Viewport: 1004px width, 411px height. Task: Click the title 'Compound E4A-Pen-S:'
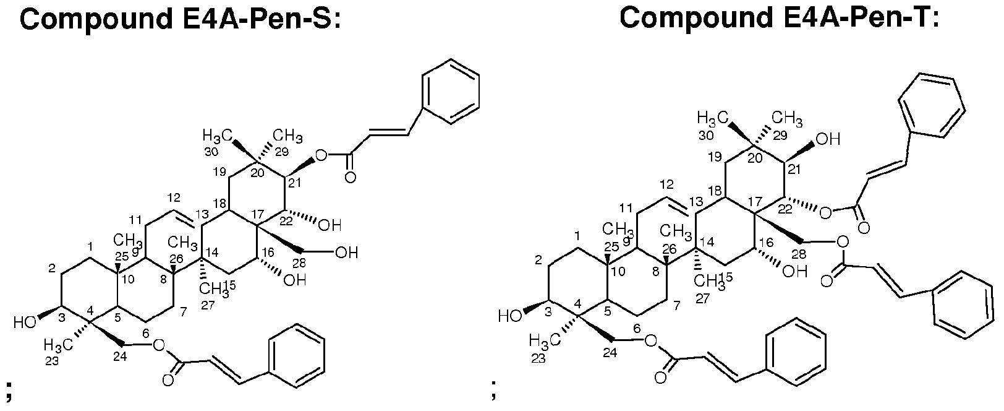point(181,19)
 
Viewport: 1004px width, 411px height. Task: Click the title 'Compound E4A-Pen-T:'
point(780,19)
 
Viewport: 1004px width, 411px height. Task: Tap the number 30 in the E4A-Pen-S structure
point(211,152)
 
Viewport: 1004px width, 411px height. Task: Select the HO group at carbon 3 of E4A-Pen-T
point(510,316)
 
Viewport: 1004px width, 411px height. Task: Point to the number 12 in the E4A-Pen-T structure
point(667,184)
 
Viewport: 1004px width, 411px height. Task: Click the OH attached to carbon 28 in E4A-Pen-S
point(346,253)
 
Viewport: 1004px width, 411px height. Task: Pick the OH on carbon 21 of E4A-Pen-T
point(828,139)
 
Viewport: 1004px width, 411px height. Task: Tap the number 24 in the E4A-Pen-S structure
point(120,357)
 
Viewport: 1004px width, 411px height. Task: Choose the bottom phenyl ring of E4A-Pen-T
point(797,350)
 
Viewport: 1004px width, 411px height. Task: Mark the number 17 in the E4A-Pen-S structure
point(258,215)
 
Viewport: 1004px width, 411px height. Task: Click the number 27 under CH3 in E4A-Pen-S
point(208,306)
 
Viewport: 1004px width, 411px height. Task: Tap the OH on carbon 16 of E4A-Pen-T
point(795,272)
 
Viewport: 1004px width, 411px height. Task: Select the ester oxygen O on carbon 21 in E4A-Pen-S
point(321,156)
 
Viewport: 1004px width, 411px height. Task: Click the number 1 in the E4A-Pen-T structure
point(578,236)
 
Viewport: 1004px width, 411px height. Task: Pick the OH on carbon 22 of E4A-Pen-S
point(330,225)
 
